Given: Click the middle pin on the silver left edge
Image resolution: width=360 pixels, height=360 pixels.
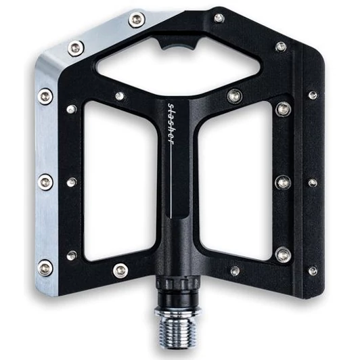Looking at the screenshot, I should click(46, 181).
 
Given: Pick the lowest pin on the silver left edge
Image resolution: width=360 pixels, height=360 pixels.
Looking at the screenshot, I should click(46, 268).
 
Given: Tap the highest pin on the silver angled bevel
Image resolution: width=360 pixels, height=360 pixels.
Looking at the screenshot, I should click(136, 20).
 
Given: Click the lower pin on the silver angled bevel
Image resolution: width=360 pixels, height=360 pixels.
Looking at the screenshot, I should click(76, 48).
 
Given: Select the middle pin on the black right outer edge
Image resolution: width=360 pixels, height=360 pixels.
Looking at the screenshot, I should click(313, 183).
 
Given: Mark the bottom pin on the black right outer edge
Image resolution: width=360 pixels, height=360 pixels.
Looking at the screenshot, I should click(313, 271).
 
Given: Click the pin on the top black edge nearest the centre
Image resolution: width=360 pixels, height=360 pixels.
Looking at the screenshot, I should click(219, 18).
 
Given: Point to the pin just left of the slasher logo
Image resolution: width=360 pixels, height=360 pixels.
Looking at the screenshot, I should click(120, 96).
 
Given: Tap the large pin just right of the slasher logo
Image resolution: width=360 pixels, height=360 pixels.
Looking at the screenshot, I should click(233, 96).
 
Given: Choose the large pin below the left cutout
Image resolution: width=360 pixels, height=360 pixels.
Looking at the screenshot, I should click(120, 271).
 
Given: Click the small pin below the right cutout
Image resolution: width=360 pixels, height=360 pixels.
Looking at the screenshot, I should click(235, 271).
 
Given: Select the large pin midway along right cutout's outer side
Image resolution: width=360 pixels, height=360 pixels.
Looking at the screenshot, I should click(283, 181).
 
